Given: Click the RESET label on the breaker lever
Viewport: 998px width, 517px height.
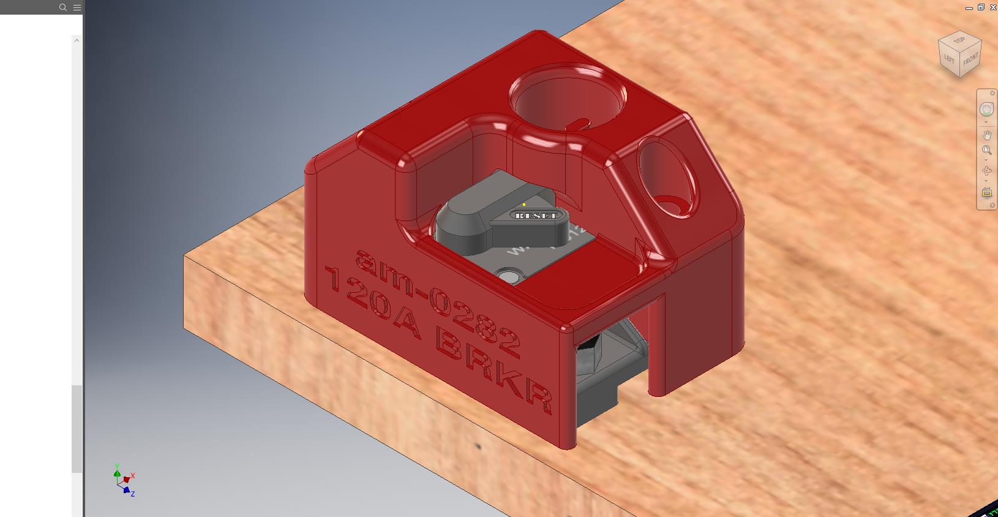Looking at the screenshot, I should coord(537,215).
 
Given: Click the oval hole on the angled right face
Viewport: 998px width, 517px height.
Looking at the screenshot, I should coord(667,178).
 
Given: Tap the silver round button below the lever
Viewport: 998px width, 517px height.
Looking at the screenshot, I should coord(508,277).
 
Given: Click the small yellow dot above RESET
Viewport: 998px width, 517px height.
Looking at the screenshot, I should coord(524,205).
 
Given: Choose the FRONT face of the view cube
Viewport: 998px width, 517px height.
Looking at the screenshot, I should coord(970,59).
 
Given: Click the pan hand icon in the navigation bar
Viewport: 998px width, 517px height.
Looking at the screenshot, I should coord(986,135).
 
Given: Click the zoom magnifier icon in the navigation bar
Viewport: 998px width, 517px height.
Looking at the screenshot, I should coord(986,150).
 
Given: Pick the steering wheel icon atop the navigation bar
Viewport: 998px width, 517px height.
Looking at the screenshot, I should coord(986,110).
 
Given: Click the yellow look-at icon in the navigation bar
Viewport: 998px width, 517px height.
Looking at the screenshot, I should coord(986,193).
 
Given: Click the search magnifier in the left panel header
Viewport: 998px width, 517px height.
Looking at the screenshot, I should coord(62,7).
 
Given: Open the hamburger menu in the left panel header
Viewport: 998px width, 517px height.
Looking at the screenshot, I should coord(77,7).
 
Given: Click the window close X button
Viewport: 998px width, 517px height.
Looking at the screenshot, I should coord(993,7).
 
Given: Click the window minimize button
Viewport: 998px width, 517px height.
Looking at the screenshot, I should coord(969,8).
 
